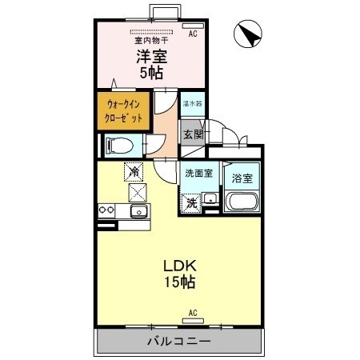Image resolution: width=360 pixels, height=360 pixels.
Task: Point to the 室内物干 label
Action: click(150, 38)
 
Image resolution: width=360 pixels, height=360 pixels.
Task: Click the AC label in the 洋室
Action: click(193, 34)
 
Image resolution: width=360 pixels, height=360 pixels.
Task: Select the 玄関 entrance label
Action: click(194, 134)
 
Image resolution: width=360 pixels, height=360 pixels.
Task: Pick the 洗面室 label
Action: click(198, 173)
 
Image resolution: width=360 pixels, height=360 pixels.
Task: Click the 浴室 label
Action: click(242, 178)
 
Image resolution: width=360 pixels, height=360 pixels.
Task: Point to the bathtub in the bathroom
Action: click(242, 202)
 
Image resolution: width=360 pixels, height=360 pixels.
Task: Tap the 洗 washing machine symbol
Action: click(192, 202)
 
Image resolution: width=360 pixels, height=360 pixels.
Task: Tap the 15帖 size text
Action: click(180, 282)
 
